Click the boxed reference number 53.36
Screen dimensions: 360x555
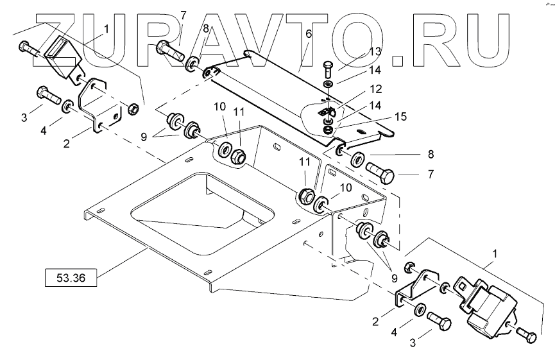(x=71, y=278)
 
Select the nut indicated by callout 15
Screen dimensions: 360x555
(x=329, y=130)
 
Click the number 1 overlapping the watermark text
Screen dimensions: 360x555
(x=106, y=30)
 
